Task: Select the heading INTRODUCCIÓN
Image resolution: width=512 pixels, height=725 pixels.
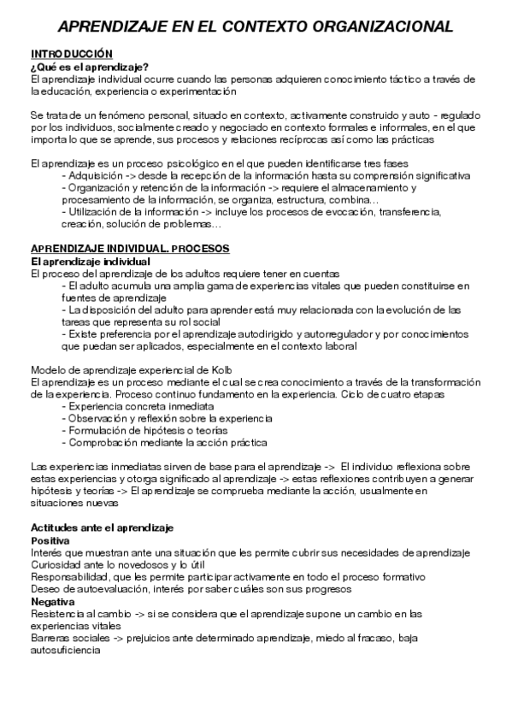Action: tap(71, 54)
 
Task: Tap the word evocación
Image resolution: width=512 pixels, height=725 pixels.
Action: tap(375, 212)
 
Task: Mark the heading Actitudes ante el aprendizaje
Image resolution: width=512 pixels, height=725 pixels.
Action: tap(102, 528)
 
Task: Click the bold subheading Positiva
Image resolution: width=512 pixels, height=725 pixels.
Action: tap(50, 540)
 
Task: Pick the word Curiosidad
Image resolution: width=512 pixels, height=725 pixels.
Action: tap(57, 565)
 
